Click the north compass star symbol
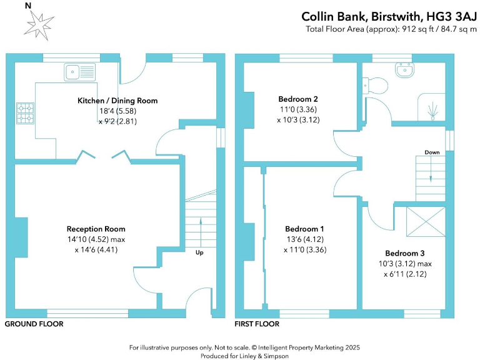coord(37,24)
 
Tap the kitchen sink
coord(79,72)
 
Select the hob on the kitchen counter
coord(26,112)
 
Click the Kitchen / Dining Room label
coord(117,101)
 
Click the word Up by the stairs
coord(199,252)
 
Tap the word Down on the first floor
coord(432,152)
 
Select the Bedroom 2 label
coord(298,99)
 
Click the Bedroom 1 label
coord(304,229)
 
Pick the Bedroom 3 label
coord(404,253)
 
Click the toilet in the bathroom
coord(372,85)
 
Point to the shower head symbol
coord(432,111)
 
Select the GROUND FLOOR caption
coord(34,324)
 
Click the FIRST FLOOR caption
coord(257,324)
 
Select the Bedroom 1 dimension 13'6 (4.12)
coord(304,239)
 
